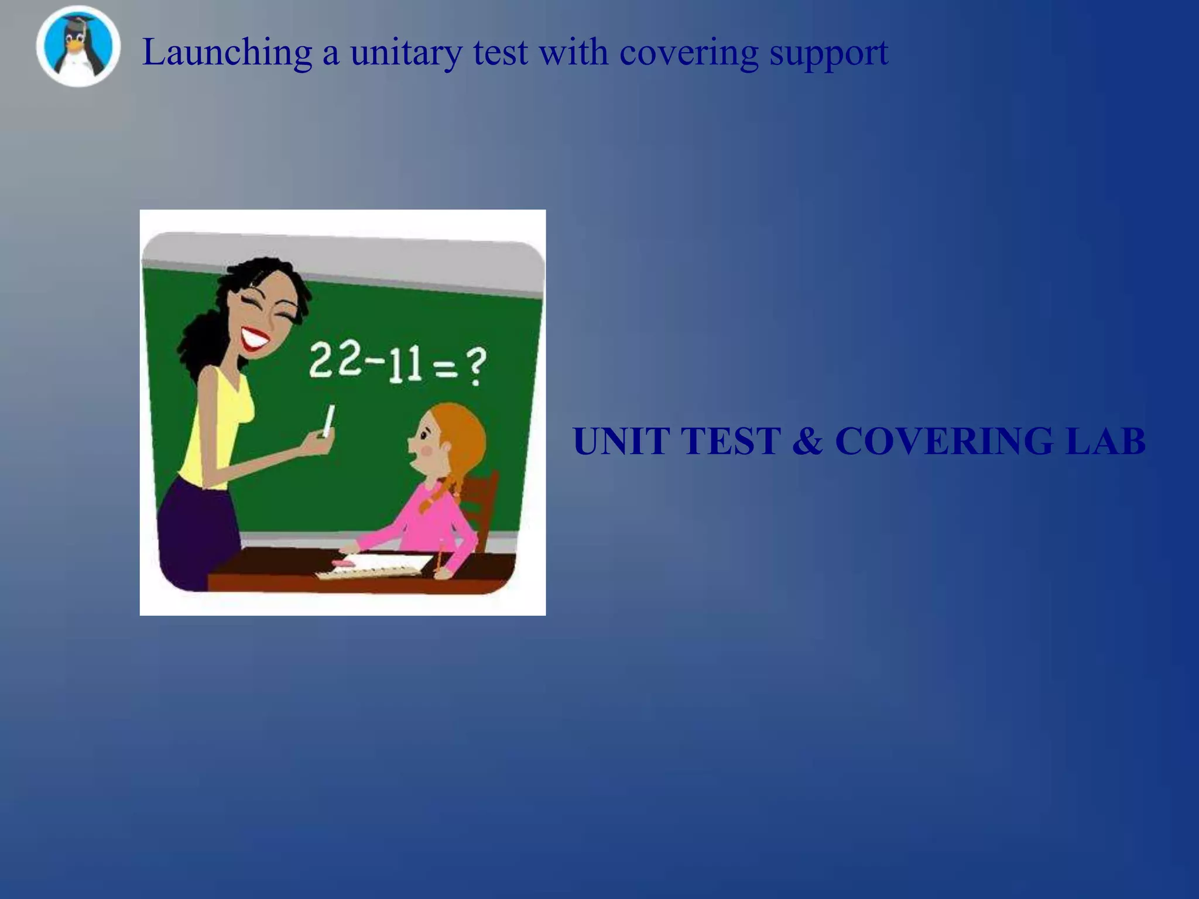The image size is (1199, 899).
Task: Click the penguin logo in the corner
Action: [x=78, y=47]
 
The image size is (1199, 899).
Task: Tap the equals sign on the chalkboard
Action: [x=446, y=369]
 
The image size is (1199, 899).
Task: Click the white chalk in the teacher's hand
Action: [x=328, y=420]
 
